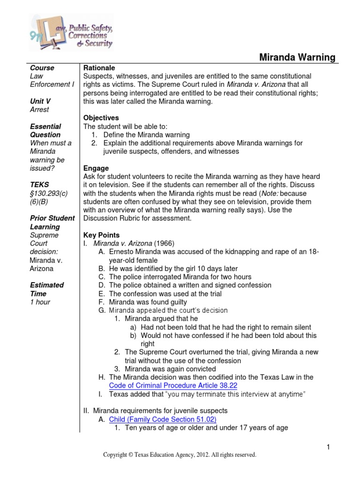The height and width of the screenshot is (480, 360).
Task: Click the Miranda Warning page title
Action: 297,58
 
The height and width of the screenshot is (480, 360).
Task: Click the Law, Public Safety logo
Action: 71,31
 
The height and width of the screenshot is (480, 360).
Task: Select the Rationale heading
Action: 99,68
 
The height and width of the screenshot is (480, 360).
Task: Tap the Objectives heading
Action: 101,118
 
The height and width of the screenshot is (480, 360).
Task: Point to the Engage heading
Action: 96,168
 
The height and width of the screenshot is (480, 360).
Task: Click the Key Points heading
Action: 101,235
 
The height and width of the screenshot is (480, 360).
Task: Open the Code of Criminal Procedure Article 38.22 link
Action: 173,386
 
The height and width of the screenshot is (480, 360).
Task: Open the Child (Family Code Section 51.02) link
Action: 163,420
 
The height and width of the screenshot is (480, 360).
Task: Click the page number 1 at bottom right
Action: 329,447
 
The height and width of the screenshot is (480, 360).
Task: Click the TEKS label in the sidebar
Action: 39,185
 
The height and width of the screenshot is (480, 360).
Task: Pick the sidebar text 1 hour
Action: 40,302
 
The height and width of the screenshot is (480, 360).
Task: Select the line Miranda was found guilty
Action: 148,302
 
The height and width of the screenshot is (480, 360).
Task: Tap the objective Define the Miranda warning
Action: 146,135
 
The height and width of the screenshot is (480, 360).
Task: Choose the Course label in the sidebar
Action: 42,68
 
